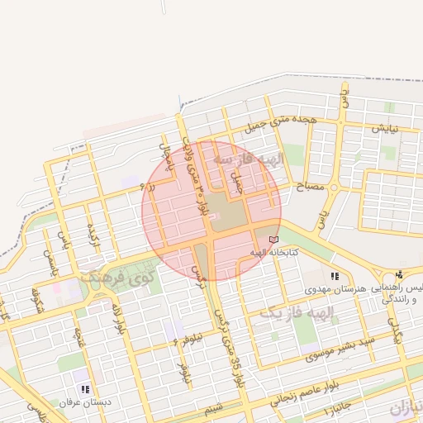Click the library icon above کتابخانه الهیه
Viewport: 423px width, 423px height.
[x=273, y=240]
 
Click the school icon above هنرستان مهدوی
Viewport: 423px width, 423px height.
[x=334, y=277]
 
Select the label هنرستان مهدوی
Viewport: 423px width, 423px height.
[x=334, y=288]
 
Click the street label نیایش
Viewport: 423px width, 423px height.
[x=384, y=130]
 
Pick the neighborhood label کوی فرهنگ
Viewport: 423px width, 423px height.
[x=121, y=277]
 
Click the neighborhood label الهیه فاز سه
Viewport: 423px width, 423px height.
[x=248, y=157]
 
